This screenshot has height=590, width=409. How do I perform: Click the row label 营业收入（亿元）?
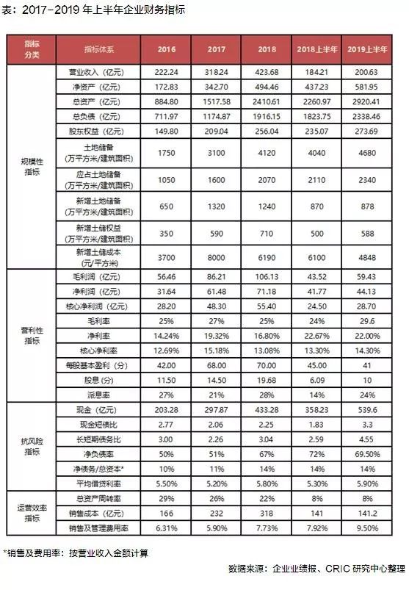coord(93,73)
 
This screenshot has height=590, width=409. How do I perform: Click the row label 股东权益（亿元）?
coord(93,131)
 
